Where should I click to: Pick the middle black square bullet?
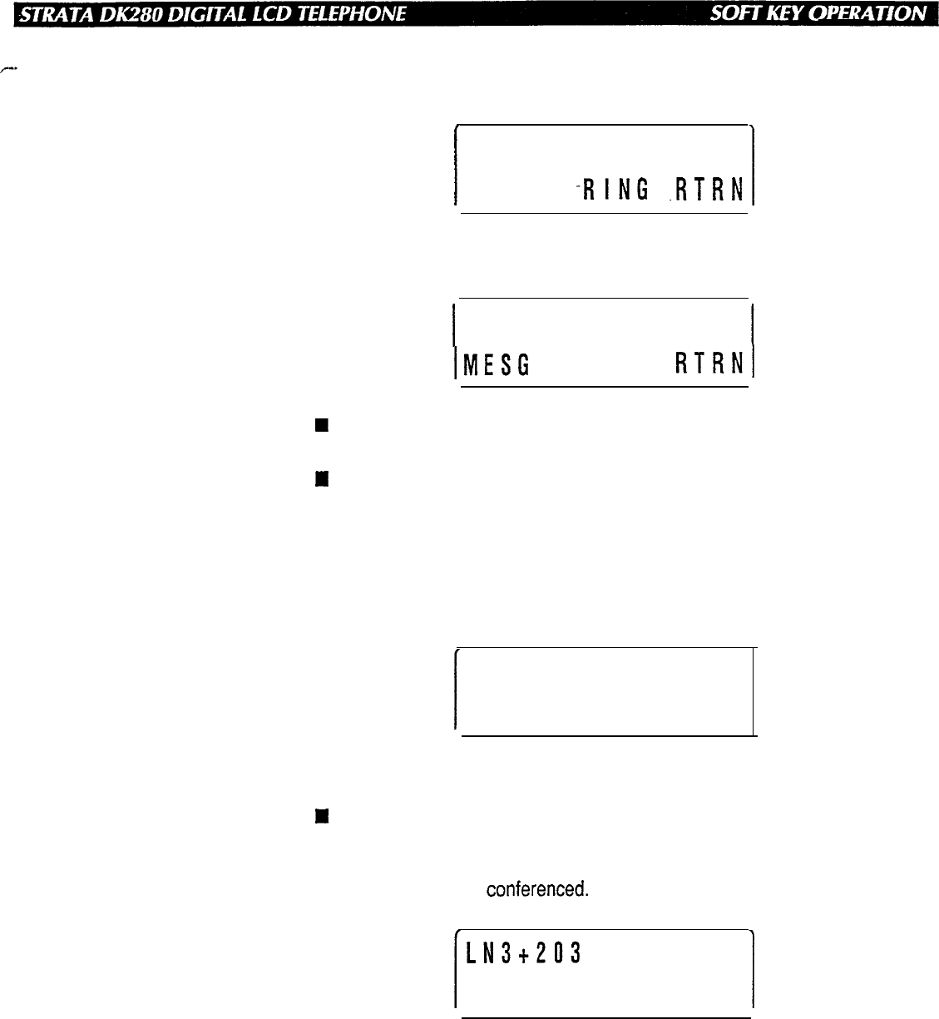[x=318, y=478]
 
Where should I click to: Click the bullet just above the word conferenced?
[x=318, y=817]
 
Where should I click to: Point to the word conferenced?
[x=536, y=890]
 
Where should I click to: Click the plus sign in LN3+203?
[x=517, y=952]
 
